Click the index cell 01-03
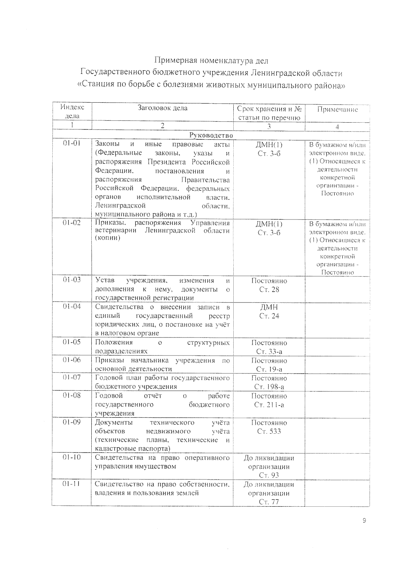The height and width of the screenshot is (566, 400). tap(72, 280)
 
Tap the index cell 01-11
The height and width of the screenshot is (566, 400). tap(72, 484)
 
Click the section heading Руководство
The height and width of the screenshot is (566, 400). tap(211, 135)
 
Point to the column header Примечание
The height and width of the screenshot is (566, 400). tap(337, 109)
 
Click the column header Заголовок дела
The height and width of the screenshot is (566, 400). tap(163, 108)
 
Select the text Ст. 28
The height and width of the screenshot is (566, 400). tap(269, 289)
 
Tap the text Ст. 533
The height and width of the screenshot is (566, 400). tap(269, 431)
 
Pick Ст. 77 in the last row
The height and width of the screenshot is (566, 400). tap(269, 502)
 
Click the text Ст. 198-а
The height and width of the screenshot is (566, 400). tap(269, 387)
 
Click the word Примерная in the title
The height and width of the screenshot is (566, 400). tap(175, 61)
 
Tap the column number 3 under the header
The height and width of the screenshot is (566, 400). tap(269, 126)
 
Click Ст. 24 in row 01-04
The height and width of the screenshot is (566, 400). tap(269, 316)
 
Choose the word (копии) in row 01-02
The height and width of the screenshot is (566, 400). tap(107, 238)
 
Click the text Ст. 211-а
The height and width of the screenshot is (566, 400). tap(269, 405)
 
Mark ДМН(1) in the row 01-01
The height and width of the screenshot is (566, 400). tap(269, 145)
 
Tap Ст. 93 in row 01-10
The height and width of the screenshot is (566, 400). tap(269, 475)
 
